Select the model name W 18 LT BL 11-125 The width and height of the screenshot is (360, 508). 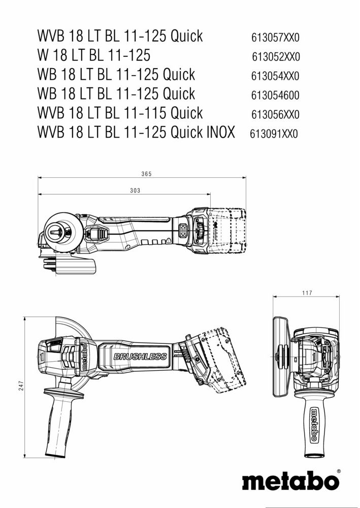[93, 55]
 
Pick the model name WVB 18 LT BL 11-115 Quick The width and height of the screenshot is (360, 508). [120, 113]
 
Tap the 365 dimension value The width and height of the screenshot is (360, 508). [146, 174]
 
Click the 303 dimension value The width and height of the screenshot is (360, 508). [135, 190]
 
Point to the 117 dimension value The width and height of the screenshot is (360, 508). [306, 293]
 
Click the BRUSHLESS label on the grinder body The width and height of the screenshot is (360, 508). [140, 357]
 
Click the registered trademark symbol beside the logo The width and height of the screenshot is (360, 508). [339, 472]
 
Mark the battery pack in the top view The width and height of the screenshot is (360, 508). [227, 231]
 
